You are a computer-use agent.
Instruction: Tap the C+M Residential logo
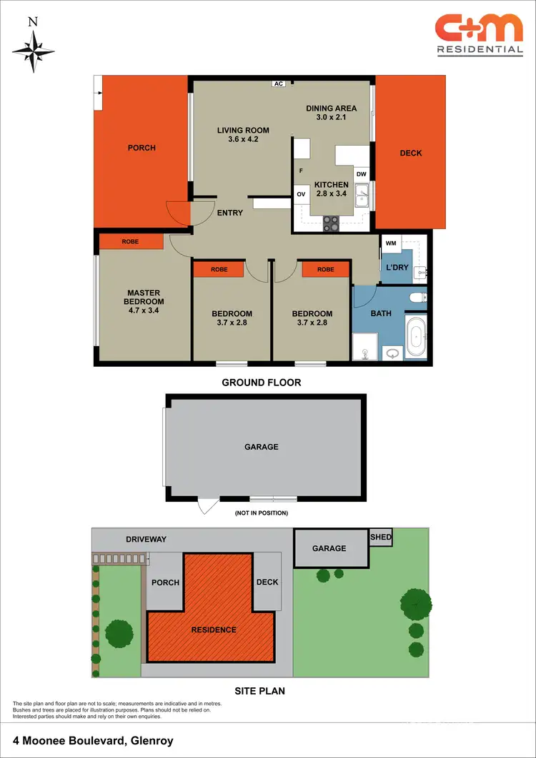pos(479,34)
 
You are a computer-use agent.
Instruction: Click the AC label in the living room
pos(279,84)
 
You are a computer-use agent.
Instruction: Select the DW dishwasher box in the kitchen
pos(361,174)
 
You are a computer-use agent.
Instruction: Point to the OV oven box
pos(301,194)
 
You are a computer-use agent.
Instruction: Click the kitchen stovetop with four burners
pos(332,223)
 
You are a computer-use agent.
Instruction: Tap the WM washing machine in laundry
pos(390,243)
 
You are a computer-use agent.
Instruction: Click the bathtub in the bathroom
pos(415,338)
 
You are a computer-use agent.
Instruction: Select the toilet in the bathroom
pos(417,296)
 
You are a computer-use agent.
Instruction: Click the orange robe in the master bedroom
pos(130,242)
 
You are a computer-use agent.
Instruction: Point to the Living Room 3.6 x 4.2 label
pos(243,135)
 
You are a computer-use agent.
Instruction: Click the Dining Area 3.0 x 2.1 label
pos(331,113)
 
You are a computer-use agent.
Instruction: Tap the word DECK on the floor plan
pos(410,153)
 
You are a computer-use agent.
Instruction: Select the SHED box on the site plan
pos(380,537)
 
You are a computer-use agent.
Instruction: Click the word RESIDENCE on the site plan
pos(214,630)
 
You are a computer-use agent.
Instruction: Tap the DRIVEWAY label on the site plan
pos(147,539)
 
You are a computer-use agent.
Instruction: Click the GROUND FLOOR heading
pos(261,383)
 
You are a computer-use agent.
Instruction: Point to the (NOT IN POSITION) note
pos(261,512)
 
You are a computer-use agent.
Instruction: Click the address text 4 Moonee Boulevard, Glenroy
pos(93,741)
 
